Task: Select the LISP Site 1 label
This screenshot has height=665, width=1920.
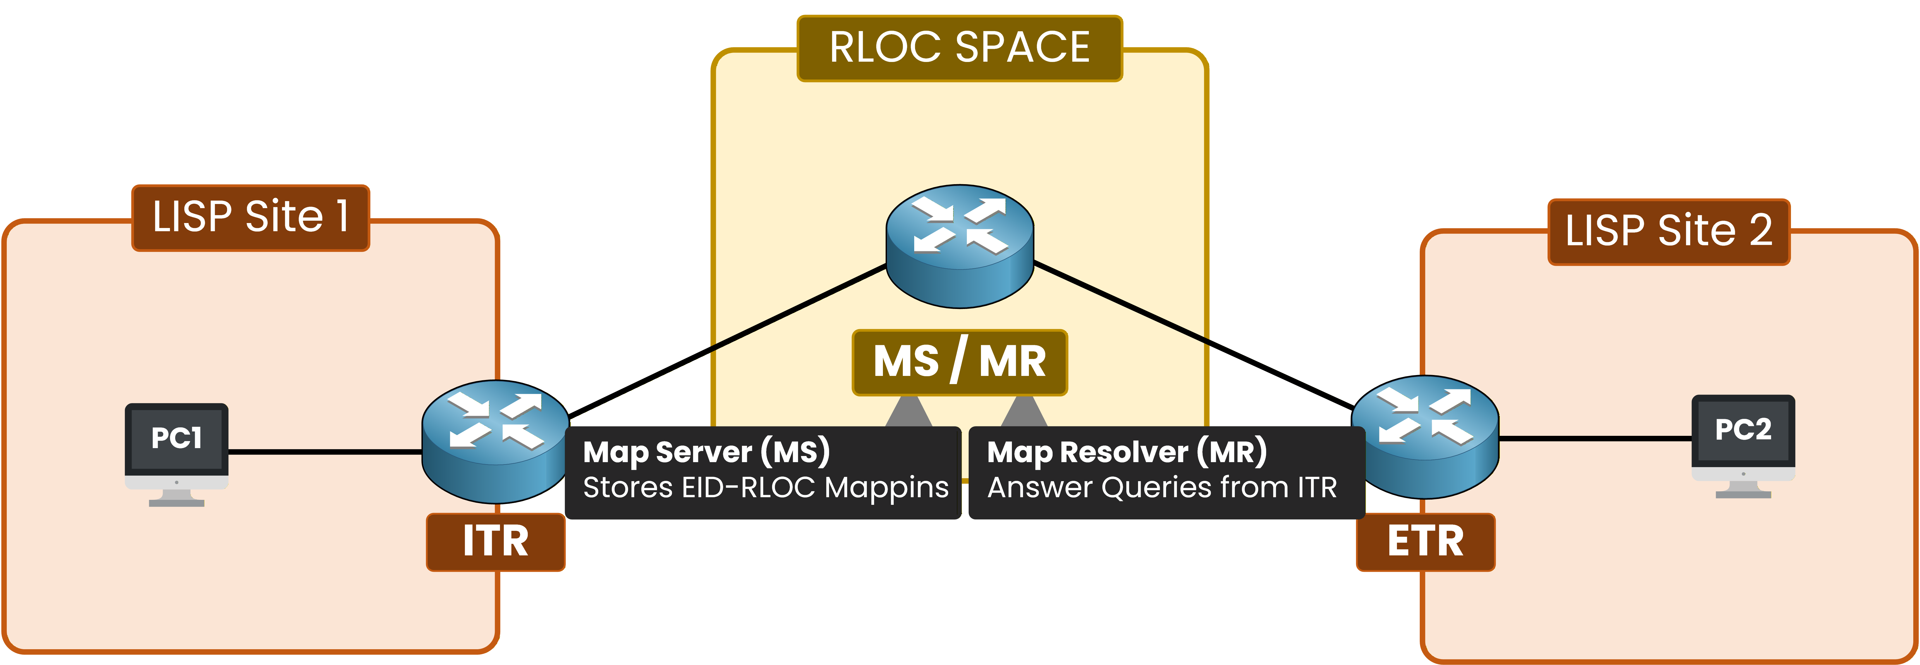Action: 250,217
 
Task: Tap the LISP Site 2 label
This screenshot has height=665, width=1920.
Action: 1668,231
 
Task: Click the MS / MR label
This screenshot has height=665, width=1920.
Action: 959,362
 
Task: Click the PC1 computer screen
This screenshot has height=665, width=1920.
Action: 177,438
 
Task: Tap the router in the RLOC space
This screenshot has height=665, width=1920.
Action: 959,246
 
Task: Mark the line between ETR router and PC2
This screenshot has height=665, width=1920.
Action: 1595,439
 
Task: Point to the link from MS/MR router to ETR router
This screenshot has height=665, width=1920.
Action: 1192,335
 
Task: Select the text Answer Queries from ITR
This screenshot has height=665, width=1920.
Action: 1161,488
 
